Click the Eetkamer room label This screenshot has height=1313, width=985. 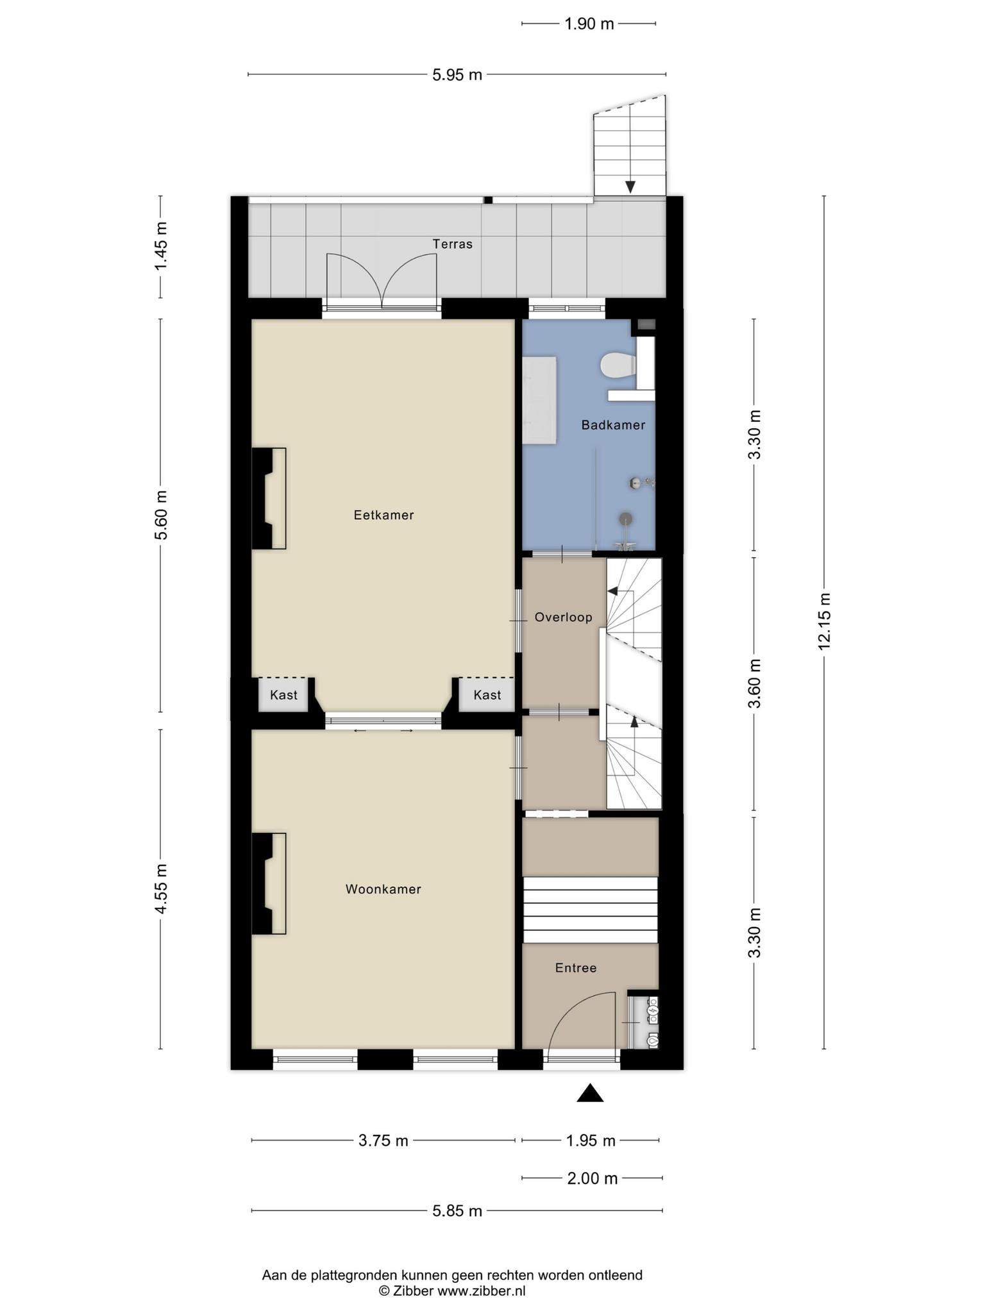[x=383, y=515]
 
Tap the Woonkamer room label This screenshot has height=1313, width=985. [x=383, y=889]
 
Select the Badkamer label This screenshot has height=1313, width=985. [x=613, y=425]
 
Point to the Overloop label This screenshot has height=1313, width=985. [x=563, y=617]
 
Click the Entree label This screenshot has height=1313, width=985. [x=576, y=968]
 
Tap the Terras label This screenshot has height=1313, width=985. [x=452, y=244]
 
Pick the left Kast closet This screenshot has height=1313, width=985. [x=283, y=695]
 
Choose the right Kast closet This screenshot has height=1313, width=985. [x=487, y=695]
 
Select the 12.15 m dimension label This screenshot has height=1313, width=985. [x=824, y=621]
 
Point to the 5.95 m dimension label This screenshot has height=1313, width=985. [x=457, y=75]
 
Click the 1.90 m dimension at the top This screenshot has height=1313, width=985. [x=589, y=24]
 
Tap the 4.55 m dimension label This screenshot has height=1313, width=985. [x=160, y=889]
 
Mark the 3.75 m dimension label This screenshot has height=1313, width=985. [x=383, y=1141]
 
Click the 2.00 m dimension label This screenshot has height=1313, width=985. [x=593, y=1178]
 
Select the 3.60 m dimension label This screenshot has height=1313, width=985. [x=755, y=683]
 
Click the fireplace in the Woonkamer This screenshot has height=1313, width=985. [x=269, y=883]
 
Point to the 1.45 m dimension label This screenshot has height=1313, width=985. [x=160, y=246]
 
